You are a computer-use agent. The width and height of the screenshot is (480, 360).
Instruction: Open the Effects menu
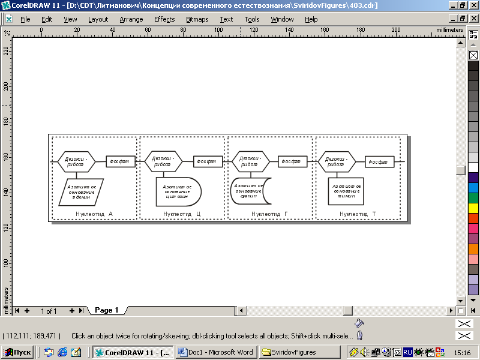164,19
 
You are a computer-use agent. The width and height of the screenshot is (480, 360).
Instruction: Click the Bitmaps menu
197,19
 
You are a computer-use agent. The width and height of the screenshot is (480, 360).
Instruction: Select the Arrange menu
131,19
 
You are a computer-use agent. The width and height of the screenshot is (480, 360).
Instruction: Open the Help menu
311,19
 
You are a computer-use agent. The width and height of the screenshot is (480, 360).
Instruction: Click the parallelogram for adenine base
81,191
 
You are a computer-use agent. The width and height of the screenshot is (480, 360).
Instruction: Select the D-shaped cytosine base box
178,191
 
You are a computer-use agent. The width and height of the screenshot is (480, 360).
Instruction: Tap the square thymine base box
346,191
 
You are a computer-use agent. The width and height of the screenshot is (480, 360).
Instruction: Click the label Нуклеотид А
94,214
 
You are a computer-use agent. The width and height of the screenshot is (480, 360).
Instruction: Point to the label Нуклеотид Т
358,214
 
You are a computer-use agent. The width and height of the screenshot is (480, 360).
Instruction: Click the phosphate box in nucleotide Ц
208,162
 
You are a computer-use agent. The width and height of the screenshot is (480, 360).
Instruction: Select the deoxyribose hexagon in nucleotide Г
250,162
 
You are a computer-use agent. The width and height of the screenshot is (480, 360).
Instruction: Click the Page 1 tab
107,310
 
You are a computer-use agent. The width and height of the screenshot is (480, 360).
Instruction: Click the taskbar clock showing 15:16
463,352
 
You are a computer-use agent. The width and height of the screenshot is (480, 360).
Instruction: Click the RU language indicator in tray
407,352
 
